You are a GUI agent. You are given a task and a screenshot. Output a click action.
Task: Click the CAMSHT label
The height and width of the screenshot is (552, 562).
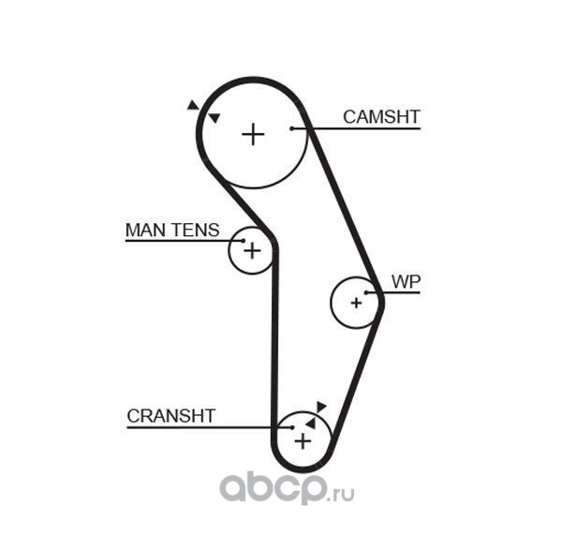point(381,117)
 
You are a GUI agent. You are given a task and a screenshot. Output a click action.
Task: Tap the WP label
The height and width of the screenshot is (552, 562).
point(406,282)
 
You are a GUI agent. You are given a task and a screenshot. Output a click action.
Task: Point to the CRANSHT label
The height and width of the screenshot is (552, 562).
point(171,416)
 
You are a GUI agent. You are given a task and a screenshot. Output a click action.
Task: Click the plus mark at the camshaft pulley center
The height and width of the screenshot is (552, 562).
point(253,135)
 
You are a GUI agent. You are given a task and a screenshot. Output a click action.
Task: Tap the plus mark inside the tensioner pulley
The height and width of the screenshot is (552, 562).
point(252,250)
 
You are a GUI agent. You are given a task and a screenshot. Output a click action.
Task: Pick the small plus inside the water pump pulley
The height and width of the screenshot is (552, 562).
point(356,304)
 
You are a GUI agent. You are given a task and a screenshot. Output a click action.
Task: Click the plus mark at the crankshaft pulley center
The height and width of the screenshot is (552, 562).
point(303,441)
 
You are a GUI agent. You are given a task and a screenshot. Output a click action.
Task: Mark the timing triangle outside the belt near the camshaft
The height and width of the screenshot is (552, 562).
point(193,106)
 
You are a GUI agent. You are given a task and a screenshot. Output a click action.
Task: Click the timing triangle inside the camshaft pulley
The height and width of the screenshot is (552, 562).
point(214,118)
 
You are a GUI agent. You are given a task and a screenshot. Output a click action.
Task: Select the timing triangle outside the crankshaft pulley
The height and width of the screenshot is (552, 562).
point(320,407)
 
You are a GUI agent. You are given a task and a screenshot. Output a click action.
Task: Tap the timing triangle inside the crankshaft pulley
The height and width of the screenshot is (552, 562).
point(311,424)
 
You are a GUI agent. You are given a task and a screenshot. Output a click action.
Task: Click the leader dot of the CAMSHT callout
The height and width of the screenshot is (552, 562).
point(292,128)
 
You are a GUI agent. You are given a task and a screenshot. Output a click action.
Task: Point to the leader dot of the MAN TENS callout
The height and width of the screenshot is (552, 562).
point(244,241)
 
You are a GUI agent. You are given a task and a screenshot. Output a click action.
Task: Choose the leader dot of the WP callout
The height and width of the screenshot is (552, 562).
point(366,293)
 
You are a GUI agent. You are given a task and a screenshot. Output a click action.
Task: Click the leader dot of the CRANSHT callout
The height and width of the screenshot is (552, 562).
point(292,427)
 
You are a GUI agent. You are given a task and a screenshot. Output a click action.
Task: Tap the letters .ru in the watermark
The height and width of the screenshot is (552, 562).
point(341,494)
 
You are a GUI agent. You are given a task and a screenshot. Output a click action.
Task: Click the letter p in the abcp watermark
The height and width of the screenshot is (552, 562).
point(308,489)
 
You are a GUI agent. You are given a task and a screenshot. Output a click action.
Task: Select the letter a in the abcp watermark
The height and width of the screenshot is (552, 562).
point(234,487)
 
